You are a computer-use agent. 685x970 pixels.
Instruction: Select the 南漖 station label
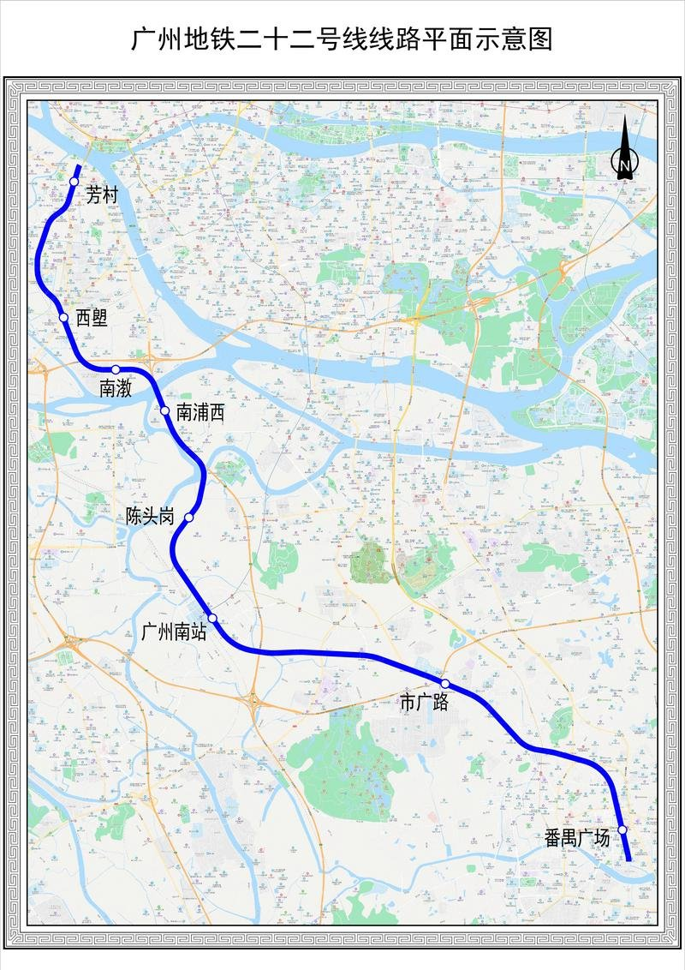[x=115, y=388]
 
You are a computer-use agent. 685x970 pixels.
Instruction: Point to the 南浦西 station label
[x=200, y=412]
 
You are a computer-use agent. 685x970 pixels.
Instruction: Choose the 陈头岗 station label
[x=150, y=517]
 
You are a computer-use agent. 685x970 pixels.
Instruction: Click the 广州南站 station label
[x=173, y=633]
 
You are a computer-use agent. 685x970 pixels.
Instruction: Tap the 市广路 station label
[x=425, y=703]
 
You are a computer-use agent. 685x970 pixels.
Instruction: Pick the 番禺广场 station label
[x=577, y=838]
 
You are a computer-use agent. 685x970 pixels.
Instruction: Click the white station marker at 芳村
[x=74, y=182]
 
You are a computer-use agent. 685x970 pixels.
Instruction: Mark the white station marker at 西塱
[x=63, y=318]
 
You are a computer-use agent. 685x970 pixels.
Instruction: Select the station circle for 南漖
[x=116, y=369]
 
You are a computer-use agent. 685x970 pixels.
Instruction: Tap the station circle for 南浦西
[x=165, y=410]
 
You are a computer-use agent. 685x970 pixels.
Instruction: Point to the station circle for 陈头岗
[x=189, y=518]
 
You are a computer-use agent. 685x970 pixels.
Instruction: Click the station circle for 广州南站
[x=212, y=619]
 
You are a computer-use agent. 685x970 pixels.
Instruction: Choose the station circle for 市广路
[x=445, y=683]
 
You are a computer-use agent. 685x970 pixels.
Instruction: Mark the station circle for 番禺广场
[x=622, y=829]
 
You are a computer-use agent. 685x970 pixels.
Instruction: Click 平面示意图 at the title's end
[x=500, y=39]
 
